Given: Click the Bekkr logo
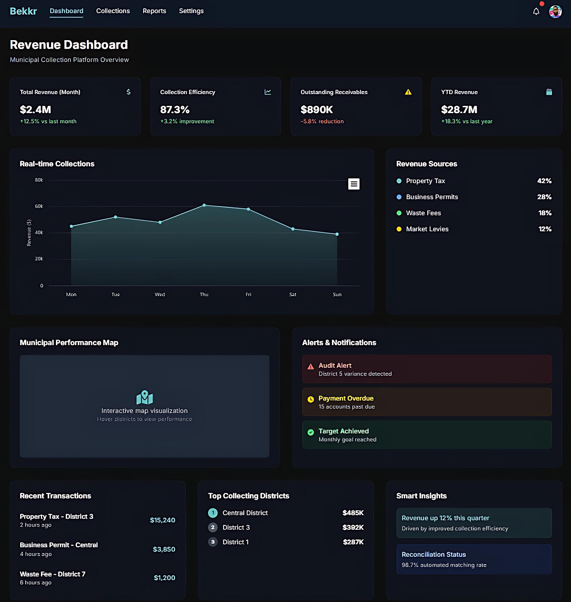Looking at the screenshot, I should click(23, 11).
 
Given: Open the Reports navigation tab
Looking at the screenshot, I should click(154, 11).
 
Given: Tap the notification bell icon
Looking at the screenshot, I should click(536, 12).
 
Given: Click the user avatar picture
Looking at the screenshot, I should click(555, 12).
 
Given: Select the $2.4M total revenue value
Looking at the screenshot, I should click(35, 109).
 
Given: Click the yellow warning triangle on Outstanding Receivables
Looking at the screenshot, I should click(408, 92).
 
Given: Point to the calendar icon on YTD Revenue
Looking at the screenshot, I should click(549, 92).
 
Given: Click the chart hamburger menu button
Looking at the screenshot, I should click(353, 184).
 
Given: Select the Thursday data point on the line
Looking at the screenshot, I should click(204, 205).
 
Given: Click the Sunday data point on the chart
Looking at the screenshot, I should click(337, 234).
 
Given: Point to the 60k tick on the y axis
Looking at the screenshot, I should click(39, 206).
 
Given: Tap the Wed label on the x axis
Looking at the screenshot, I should click(160, 294).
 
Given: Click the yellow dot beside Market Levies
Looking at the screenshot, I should click(399, 229).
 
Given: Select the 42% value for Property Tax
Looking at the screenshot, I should click(544, 181).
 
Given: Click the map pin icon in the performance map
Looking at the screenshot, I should click(145, 397).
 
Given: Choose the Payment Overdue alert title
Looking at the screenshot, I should click(346, 398).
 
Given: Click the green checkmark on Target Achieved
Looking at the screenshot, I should click(311, 432).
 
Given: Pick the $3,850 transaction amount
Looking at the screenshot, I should click(164, 549).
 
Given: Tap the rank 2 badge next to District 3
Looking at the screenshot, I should click(213, 527).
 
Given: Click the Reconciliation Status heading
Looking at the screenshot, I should click(434, 555).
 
